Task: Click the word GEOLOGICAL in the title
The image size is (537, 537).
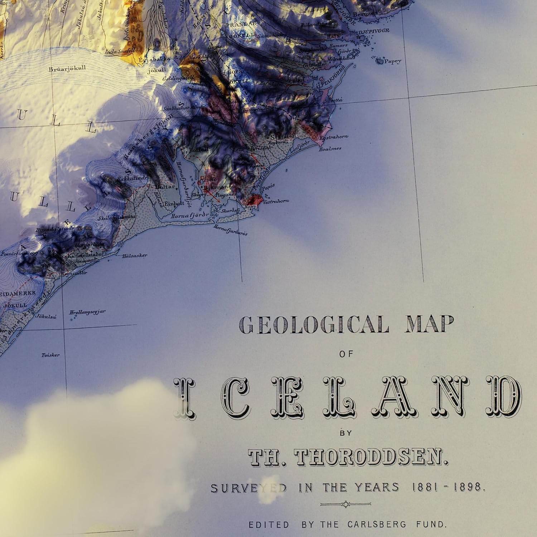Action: coord(314,325)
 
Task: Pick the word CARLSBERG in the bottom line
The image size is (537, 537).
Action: coord(377,524)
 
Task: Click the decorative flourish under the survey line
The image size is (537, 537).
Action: coord(345,504)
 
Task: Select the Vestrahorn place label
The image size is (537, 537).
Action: coord(276,201)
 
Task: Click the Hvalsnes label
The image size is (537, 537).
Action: coord(330,148)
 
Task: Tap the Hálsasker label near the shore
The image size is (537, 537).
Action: coord(134,256)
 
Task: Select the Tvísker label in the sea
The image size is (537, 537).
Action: coord(50,355)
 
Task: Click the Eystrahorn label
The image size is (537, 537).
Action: coord(334,137)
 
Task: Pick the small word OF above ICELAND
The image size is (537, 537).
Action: coord(346,354)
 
